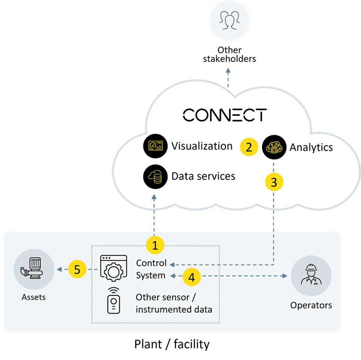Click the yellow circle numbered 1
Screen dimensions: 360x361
pyautogui.click(x=155, y=246)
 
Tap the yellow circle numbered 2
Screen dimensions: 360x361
pyautogui.click(x=249, y=147)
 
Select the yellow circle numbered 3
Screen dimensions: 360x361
pyautogui.click(x=274, y=183)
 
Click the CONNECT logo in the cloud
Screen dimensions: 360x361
pyautogui.click(x=224, y=115)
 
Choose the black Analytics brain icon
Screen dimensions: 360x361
pyautogui.click(x=273, y=147)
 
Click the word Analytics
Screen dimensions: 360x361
pyautogui.click(x=311, y=147)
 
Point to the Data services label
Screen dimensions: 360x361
pyautogui.click(x=203, y=176)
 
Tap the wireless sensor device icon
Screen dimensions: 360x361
pyautogui.click(x=113, y=300)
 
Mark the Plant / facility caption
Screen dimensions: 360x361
pyautogui.click(x=172, y=344)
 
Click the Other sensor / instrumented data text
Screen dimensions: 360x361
pyautogui.click(x=174, y=303)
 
